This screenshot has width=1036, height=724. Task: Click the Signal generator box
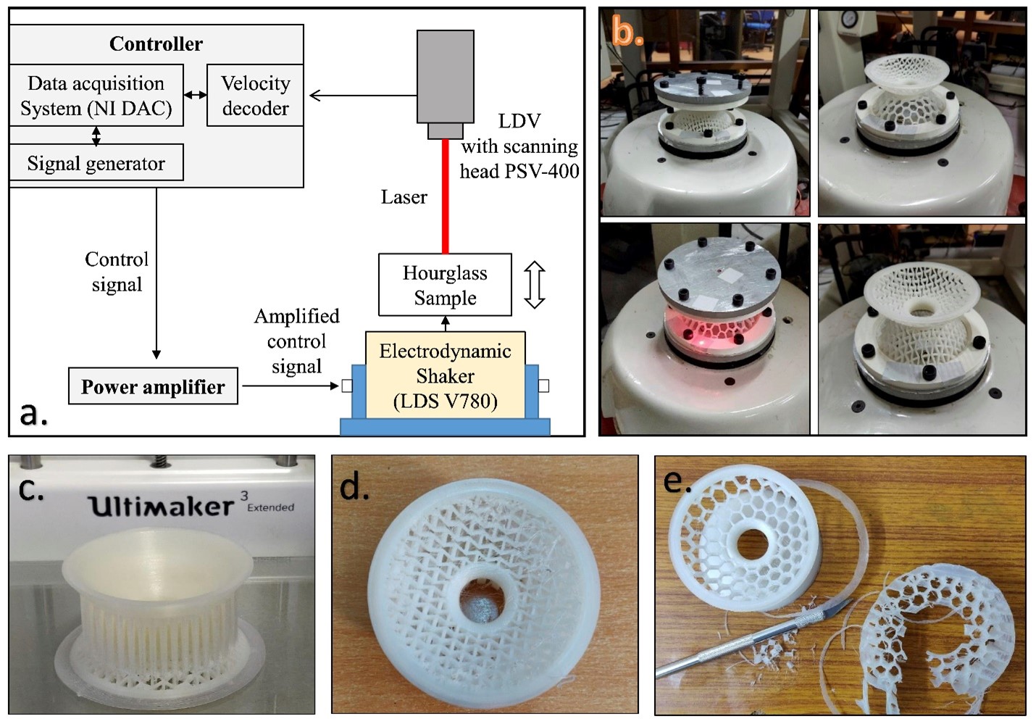(96, 163)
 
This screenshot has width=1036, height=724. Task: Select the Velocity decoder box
(255, 95)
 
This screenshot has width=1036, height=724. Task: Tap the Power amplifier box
(153, 386)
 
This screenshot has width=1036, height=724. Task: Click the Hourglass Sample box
(445, 285)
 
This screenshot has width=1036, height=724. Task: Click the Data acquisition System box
(96, 95)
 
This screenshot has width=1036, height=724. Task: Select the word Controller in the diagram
(156, 43)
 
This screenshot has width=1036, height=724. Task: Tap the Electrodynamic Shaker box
(445, 375)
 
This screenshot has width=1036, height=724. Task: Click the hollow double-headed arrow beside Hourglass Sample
(535, 285)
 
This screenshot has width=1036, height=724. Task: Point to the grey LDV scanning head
(445, 78)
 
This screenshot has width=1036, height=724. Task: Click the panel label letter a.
(33, 413)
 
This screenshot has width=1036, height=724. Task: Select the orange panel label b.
(627, 32)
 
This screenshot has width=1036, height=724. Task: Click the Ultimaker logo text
(161, 504)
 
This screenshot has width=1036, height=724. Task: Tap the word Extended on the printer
(271, 507)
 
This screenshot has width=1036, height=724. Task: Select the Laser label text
(404, 197)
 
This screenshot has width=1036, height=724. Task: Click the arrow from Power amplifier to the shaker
(290, 386)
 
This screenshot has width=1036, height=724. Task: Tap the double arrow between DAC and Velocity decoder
(195, 95)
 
